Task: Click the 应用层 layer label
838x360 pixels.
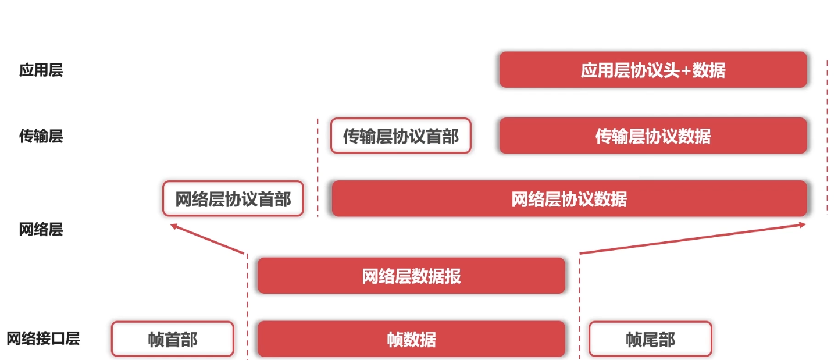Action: point(41,70)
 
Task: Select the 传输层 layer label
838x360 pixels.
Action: point(41,136)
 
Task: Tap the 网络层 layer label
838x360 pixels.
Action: point(41,229)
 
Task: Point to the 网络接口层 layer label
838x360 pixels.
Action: point(43,338)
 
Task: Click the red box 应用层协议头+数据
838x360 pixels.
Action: point(652,70)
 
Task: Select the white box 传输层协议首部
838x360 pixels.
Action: point(401,136)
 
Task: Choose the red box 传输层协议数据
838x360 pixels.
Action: point(652,136)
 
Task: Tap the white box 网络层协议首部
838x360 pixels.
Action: point(233,199)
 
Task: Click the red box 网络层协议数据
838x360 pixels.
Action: point(569,199)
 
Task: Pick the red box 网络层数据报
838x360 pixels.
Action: point(411,276)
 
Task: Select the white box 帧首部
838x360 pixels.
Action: point(172,339)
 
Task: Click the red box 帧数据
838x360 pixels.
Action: point(411,339)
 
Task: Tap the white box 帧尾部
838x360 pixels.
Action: point(650,339)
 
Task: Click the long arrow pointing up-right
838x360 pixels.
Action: point(692,238)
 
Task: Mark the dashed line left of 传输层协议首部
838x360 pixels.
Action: point(318,169)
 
